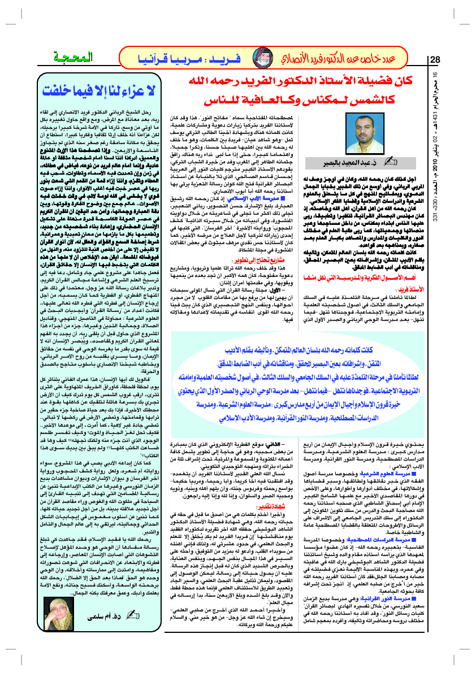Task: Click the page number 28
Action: click(x=435, y=60)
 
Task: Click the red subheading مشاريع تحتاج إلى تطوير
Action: click(x=281, y=244)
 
